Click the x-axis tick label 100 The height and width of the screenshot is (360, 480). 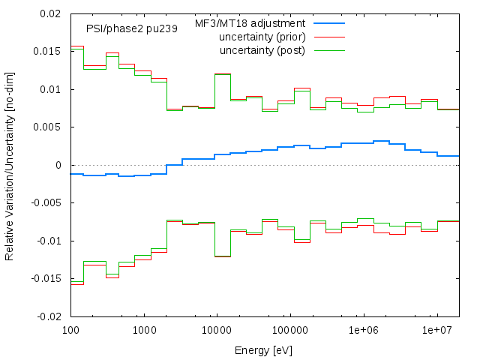point(70,330)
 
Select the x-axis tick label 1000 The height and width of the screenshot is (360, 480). point(143,330)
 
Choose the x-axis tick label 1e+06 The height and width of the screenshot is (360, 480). point(364,330)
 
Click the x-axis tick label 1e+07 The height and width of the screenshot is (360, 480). point(436,330)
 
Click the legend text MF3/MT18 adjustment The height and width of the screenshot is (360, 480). point(250,23)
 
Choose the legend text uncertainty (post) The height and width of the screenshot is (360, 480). point(262,50)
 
